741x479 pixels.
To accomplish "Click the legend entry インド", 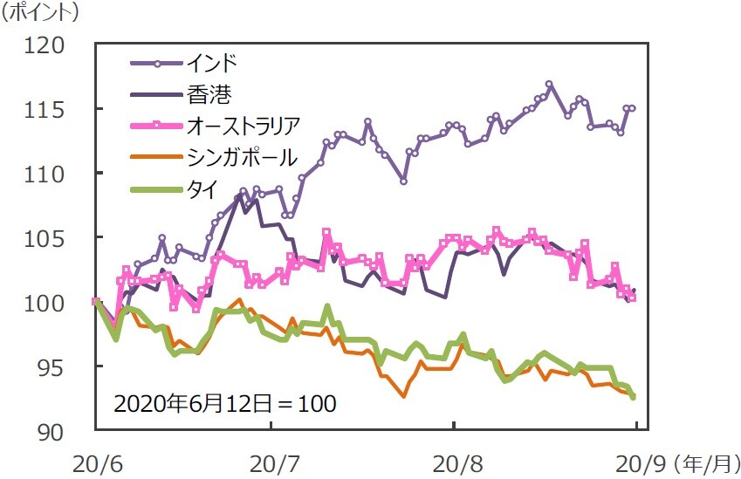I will [x=211, y=64].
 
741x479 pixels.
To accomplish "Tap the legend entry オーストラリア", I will [x=243, y=126].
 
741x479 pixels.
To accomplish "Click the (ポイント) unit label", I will [x=39, y=13].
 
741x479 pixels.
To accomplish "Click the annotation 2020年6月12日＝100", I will [x=225, y=405].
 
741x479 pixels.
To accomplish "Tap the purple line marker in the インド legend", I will [x=156, y=64].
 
